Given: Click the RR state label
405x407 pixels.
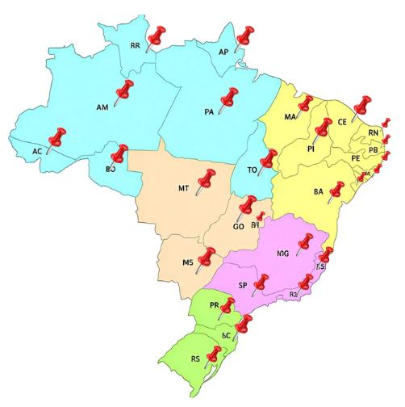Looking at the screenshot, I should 136,47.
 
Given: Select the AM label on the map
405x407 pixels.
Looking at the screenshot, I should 102,107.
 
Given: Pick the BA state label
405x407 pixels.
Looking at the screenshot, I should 318,192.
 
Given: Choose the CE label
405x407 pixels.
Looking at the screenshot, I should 342,123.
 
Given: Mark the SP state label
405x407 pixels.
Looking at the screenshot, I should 243,285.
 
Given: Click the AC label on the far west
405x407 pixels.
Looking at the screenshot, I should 37,151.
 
